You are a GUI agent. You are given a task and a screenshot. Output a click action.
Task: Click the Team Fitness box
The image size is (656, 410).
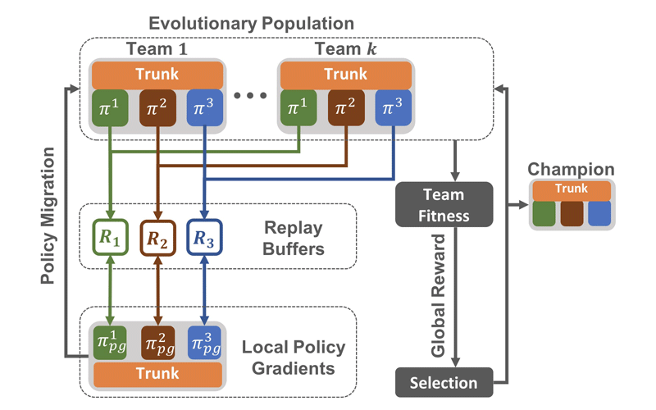(444, 204)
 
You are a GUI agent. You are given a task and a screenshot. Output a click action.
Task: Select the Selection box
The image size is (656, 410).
(444, 383)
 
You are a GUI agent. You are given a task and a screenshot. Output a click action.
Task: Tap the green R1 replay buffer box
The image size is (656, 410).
(110, 239)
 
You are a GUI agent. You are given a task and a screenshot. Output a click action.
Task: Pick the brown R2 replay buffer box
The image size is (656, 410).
(157, 239)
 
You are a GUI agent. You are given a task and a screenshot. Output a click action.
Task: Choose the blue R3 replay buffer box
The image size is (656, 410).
(204, 239)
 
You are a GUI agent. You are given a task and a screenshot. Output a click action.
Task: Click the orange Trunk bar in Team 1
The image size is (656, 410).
(157, 75)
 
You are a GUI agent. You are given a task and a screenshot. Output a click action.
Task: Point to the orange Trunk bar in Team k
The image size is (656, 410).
(345, 75)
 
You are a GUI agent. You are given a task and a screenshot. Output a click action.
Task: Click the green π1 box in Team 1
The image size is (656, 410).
(110, 110)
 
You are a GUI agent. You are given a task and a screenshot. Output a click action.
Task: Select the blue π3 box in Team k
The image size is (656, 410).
(393, 110)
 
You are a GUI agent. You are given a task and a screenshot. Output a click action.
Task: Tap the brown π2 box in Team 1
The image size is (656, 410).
(157, 110)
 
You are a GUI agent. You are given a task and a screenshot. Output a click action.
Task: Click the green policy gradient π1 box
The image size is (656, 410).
(110, 340)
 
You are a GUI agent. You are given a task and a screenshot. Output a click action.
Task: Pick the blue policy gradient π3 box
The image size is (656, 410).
(204, 340)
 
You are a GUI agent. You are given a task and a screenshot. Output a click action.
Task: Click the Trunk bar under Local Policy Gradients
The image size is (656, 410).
(157, 374)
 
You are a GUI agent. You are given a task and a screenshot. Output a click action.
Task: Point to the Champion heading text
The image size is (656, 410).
(571, 170)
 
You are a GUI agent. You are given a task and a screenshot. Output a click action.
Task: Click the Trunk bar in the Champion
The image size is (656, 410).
(571, 190)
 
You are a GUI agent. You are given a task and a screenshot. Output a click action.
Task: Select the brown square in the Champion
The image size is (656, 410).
(571, 213)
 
